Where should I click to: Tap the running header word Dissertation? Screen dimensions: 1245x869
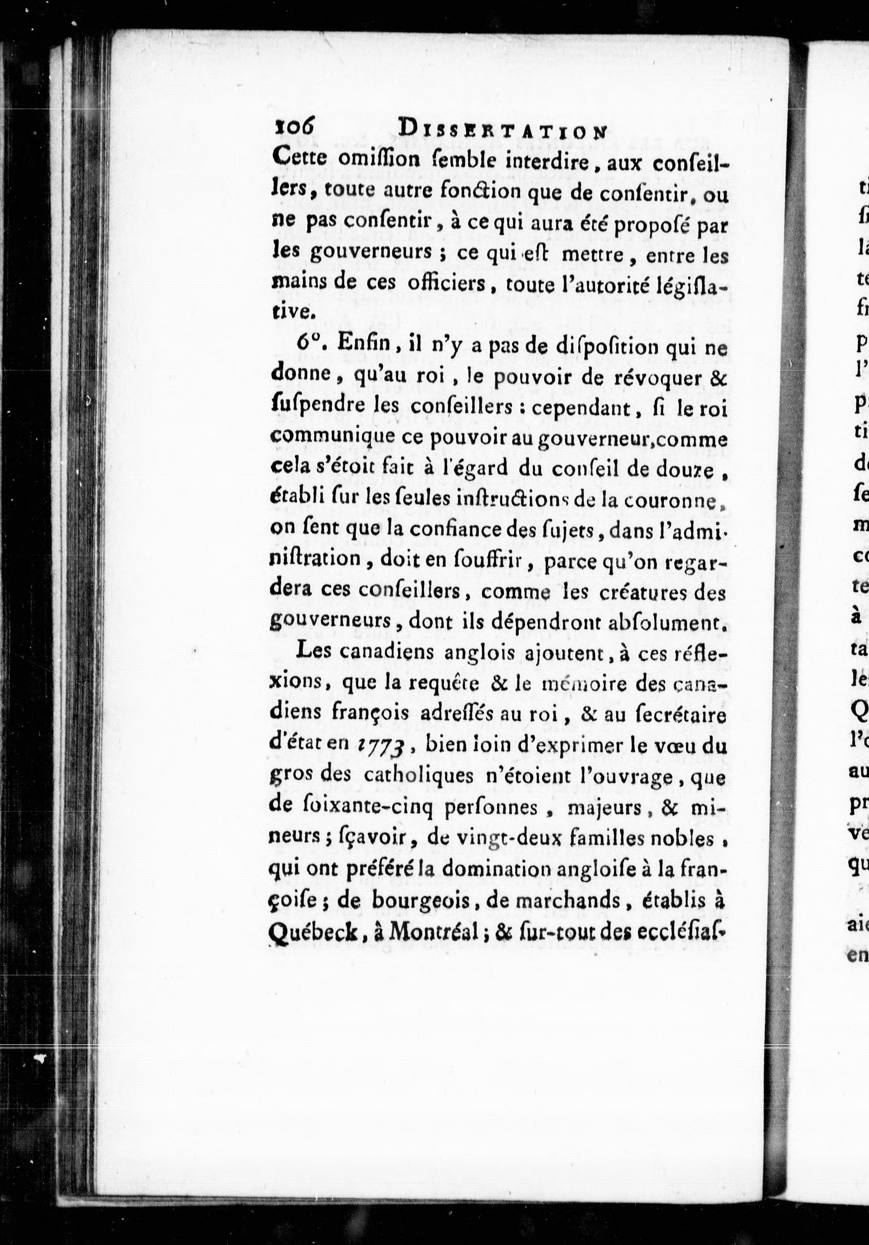point(502,132)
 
